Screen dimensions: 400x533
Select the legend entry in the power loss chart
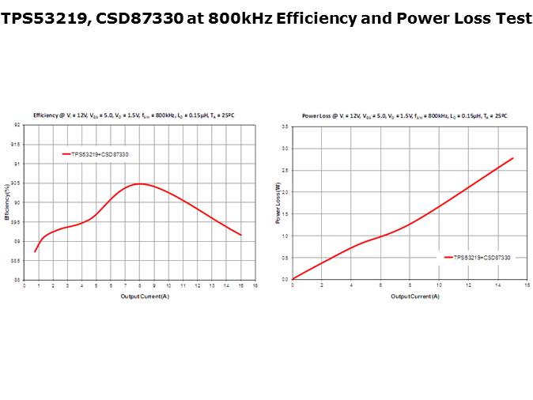pyautogui.click(x=478, y=258)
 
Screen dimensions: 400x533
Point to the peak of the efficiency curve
pyautogui.click(x=139, y=183)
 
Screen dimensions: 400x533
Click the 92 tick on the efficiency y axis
pyautogui.click(x=17, y=125)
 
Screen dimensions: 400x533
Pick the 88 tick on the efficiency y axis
pyautogui.click(x=17, y=280)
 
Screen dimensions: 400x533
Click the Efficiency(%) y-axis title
pyautogui.click(x=7, y=202)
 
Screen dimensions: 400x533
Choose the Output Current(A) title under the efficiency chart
pyautogui.click(x=145, y=296)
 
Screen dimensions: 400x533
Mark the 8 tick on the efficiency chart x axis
pyautogui.click(x=139, y=285)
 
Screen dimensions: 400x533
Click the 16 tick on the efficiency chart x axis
pyautogui.click(x=255, y=285)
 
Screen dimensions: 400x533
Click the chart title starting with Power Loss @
pyautogui.click(x=404, y=115)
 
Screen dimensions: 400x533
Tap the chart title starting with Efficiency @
pyautogui.click(x=134, y=115)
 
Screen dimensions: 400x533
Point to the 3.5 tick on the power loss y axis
pyautogui.click(x=285, y=126)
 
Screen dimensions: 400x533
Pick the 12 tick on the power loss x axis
pyautogui.click(x=468, y=285)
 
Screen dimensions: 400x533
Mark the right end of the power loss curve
pyautogui.click(x=513, y=158)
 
